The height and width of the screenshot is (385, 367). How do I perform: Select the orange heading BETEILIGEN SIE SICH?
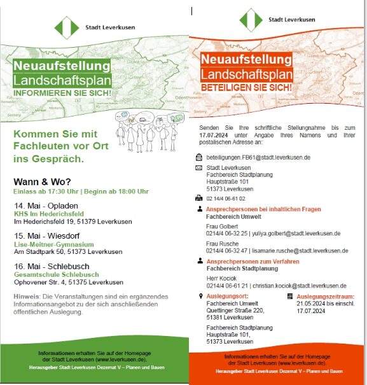pyautogui.click(x=246, y=86)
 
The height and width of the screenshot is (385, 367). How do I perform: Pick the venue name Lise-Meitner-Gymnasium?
pyautogui.click(x=54, y=244)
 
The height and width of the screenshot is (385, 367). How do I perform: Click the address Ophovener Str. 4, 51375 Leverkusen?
pyautogui.click(x=69, y=282)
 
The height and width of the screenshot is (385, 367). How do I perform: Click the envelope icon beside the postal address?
pyautogui.click(x=199, y=168)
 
